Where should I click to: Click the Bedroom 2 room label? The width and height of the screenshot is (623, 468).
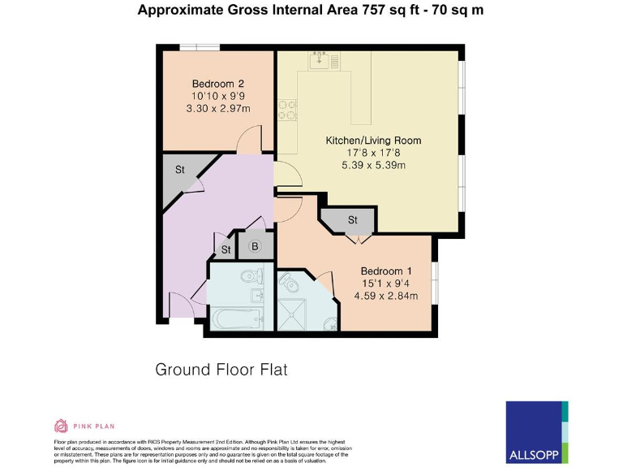pos(218,84)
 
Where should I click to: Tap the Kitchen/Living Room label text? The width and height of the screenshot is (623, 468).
pos(373,141)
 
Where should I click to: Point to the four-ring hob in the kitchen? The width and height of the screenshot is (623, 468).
pos(287,109)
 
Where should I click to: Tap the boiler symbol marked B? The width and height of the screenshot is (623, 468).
pos(254,247)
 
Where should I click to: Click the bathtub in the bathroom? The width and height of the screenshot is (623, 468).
pos(236,318)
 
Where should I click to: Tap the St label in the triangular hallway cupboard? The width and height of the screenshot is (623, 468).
pos(181,170)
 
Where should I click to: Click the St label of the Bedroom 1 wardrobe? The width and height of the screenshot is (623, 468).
pos(353,220)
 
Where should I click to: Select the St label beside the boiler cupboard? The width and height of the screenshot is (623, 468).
pos(226,249)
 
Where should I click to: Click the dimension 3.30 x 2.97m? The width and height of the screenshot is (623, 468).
pos(218,108)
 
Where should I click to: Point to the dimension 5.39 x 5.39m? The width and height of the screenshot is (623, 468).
pos(373,165)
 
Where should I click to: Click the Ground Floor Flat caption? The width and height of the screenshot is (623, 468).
pos(221,370)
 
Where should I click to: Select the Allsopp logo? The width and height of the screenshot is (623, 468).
pos(536,431)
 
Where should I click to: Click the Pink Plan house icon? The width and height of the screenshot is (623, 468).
pos(61,425)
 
